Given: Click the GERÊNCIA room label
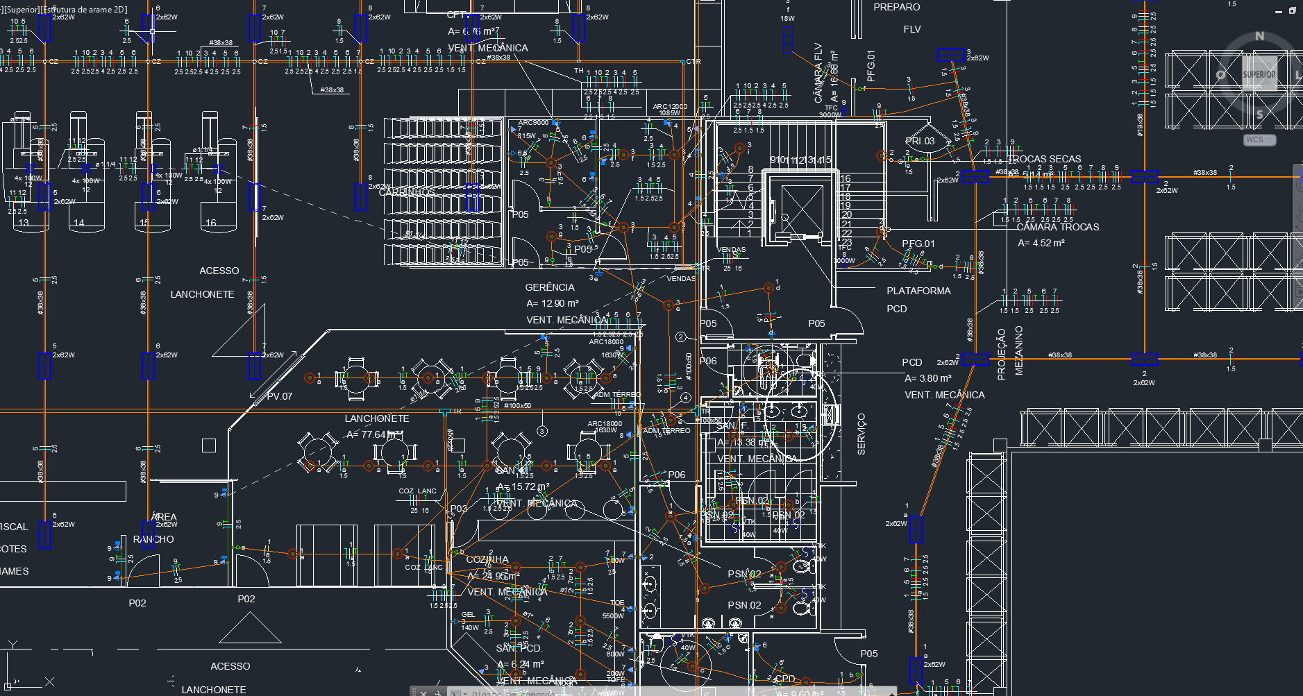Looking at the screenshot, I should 549,287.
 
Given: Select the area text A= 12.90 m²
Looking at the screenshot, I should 552,303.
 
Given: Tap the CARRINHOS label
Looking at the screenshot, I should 407,192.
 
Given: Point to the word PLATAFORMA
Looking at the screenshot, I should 918,291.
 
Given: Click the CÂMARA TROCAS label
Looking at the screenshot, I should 1057,227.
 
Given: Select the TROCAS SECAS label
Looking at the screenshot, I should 1044,159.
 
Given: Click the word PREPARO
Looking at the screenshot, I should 896,7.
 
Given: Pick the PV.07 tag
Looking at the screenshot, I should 280,396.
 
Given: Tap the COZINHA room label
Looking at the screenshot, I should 487,559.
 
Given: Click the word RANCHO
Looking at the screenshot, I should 153,539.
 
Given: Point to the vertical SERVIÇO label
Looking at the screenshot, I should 861,434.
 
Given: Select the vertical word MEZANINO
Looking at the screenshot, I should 1018,350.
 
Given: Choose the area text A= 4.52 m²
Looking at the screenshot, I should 1041,243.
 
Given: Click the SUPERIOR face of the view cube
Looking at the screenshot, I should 1259,74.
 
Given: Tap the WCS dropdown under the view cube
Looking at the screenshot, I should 1259,139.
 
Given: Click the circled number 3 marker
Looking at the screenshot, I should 542,431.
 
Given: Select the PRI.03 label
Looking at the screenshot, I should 920,141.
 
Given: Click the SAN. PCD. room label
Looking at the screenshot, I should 519,648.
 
